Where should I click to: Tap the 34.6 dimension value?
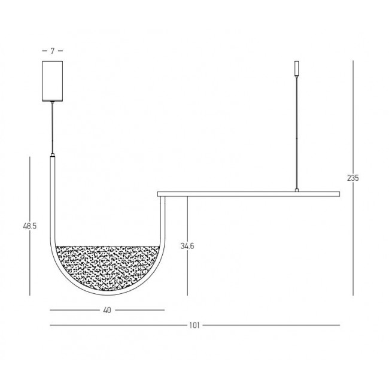tap(188, 245)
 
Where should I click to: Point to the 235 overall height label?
tap(352, 178)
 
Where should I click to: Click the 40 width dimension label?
tap(107, 310)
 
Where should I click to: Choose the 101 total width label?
tap(194, 326)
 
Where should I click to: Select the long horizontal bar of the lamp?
tap(248, 193)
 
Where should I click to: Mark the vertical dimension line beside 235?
tap(352, 239)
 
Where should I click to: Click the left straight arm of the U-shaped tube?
tap(53, 197)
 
